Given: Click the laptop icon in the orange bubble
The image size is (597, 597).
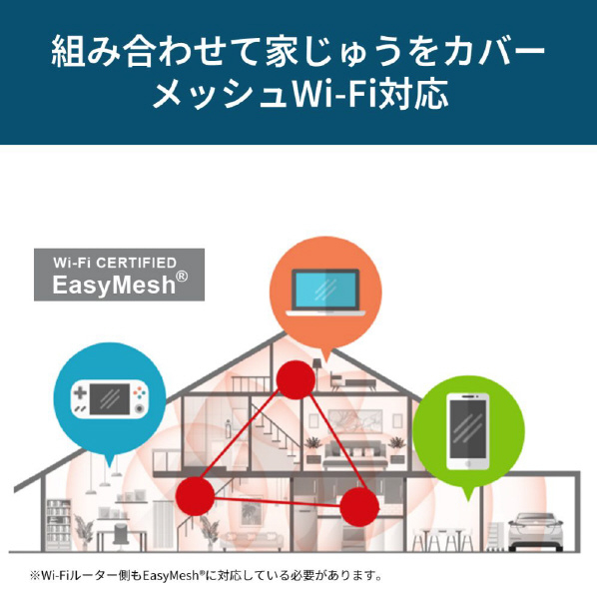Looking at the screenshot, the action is (x=325, y=293).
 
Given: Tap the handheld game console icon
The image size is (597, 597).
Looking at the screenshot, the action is (x=110, y=399).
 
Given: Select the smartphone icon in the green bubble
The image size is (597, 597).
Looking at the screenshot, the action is (x=468, y=431).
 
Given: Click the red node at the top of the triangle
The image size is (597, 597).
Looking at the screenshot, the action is (x=296, y=379).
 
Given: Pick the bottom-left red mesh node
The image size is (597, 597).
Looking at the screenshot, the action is (x=195, y=496).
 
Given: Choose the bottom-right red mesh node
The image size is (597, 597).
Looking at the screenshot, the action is (x=359, y=507).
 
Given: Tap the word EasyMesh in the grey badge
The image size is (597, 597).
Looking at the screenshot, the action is (x=114, y=285).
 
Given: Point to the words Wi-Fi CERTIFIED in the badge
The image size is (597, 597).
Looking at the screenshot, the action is (x=115, y=263).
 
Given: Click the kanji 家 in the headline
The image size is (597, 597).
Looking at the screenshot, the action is (x=283, y=50).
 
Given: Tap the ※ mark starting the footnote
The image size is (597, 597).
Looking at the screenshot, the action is (x=35, y=575).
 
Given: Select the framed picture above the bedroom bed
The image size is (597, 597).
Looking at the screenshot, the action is (x=354, y=421).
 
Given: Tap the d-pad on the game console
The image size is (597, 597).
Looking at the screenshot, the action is (x=80, y=392).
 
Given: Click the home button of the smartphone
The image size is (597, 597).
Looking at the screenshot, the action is (x=468, y=464).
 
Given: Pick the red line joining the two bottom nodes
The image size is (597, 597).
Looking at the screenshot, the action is (x=277, y=501).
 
